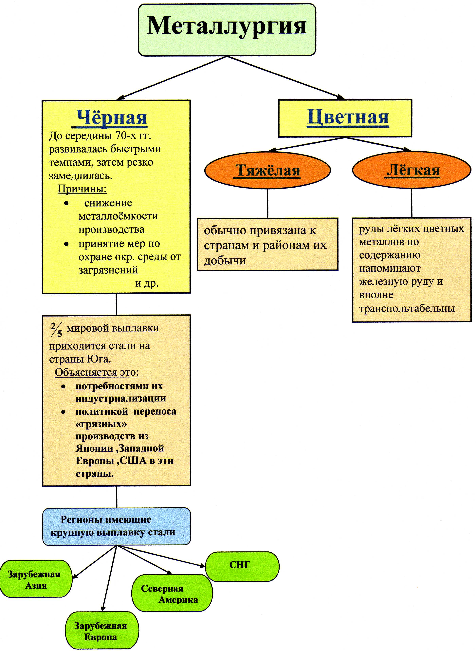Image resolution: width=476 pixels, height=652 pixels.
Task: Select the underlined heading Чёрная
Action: (112, 118)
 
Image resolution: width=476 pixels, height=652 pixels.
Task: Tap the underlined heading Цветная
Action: (348, 117)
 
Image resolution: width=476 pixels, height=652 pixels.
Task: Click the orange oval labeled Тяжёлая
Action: (267, 170)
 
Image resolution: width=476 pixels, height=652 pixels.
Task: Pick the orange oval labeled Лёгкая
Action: (412, 170)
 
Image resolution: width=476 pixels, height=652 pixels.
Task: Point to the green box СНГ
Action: (242, 566)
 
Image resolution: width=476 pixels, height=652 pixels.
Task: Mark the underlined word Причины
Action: (82, 189)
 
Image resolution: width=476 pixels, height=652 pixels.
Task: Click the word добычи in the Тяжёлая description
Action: (225, 261)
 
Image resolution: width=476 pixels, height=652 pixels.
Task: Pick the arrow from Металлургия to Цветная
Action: (286, 78)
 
